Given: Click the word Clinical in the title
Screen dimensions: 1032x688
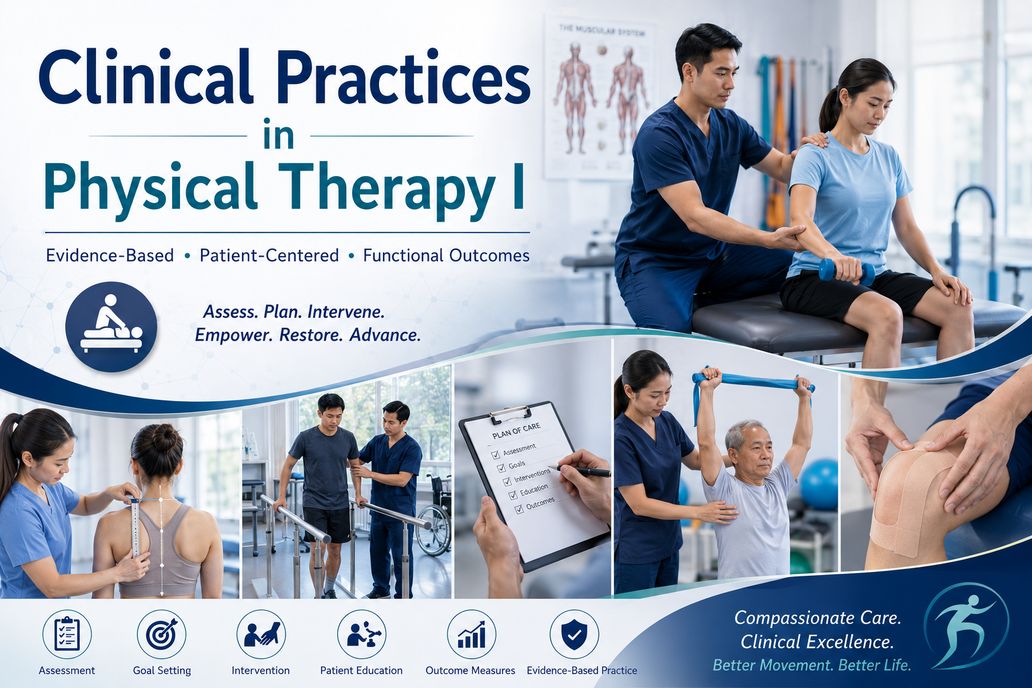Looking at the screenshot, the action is [146, 76].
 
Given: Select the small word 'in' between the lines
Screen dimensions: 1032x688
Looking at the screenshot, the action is [279, 134].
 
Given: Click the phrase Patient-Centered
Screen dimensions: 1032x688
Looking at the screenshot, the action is [269, 255].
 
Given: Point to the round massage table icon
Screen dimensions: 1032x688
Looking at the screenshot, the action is [111, 327].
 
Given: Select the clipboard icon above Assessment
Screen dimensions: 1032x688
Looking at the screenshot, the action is [67, 634].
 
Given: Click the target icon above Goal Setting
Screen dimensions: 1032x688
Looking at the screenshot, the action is [161, 634].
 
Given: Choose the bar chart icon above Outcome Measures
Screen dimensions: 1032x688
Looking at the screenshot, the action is [471, 634].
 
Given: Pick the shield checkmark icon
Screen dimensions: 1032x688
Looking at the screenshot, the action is [574, 634].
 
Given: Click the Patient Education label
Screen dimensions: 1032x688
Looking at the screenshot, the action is [361, 671].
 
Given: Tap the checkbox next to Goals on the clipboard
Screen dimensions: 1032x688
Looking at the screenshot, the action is [501, 468].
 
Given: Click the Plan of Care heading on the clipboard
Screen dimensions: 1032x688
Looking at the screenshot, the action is [516, 431].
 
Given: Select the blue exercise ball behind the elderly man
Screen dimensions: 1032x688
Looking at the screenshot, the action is [819, 484].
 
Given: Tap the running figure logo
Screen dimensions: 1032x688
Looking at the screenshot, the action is [966, 626].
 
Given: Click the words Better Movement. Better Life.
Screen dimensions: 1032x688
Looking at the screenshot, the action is [812, 665].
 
